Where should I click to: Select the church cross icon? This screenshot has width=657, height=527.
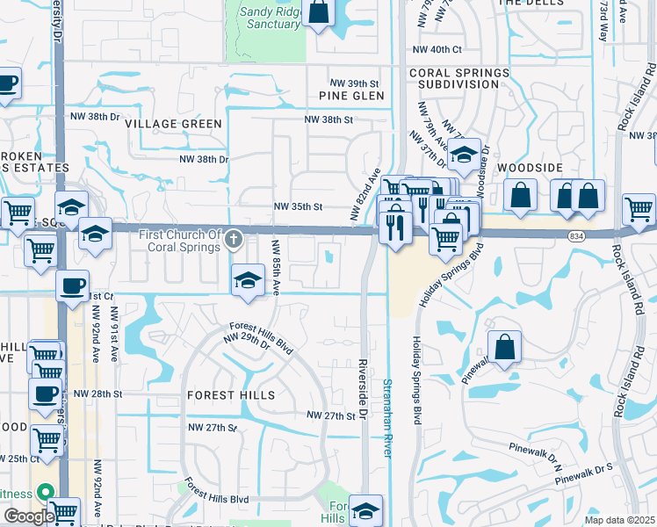click(234, 238)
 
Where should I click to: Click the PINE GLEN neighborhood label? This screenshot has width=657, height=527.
click(352, 95)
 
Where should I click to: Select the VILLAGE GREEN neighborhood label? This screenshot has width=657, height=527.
click(173, 124)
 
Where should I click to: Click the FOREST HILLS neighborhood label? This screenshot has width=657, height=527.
click(230, 395)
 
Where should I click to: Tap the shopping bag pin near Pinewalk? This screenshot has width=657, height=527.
click(505, 349)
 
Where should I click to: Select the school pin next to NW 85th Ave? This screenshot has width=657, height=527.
click(249, 281)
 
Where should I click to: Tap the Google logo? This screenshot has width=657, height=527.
click(28, 516)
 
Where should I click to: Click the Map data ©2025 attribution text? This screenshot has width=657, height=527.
click(618, 520)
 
